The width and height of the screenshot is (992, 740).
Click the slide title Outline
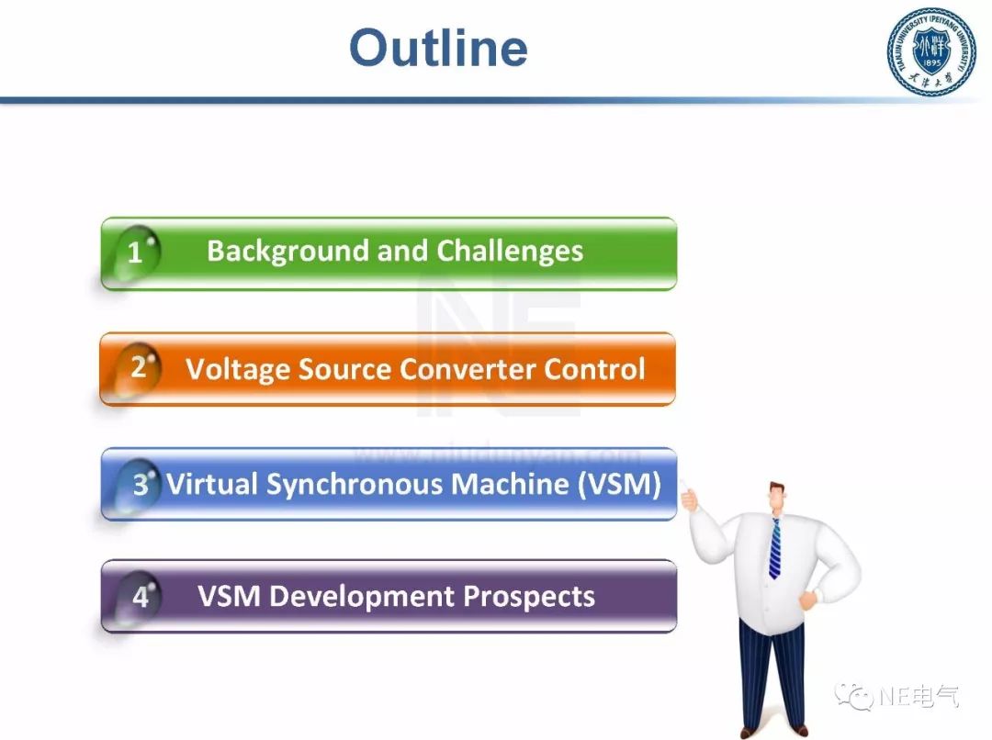pyautogui.click(x=438, y=48)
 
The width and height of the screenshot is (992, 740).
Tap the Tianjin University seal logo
pyautogui.click(x=930, y=51)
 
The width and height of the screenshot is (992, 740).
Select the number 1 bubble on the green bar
pyautogui.click(x=136, y=252)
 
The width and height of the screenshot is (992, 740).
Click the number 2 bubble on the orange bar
pyautogui.click(x=139, y=367)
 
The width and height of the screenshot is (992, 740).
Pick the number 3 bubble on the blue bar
pyautogui.click(x=140, y=484)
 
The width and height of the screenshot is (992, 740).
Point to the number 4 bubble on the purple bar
pyautogui.click(x=141, y=597)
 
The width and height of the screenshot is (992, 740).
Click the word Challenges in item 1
pyautogui.click(x=510, y=251)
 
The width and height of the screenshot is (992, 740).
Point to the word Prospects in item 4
pyautogui.click(x=529, y=597)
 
